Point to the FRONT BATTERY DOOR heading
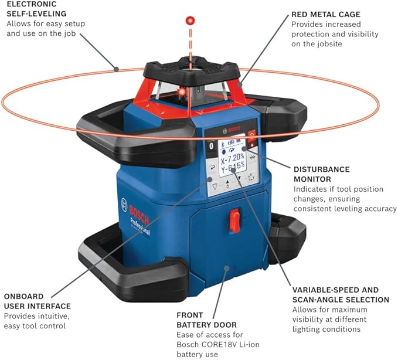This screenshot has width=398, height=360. click(207, 320)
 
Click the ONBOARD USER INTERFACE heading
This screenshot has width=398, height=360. click(37, 301)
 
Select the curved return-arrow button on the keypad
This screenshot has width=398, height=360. click(210, 167)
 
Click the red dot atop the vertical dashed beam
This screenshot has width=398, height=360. click(189, 21)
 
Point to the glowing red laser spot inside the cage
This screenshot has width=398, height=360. click(183, 92)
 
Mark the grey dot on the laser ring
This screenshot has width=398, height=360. click(117, 69)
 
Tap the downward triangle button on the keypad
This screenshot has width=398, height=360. click(215, 186)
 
